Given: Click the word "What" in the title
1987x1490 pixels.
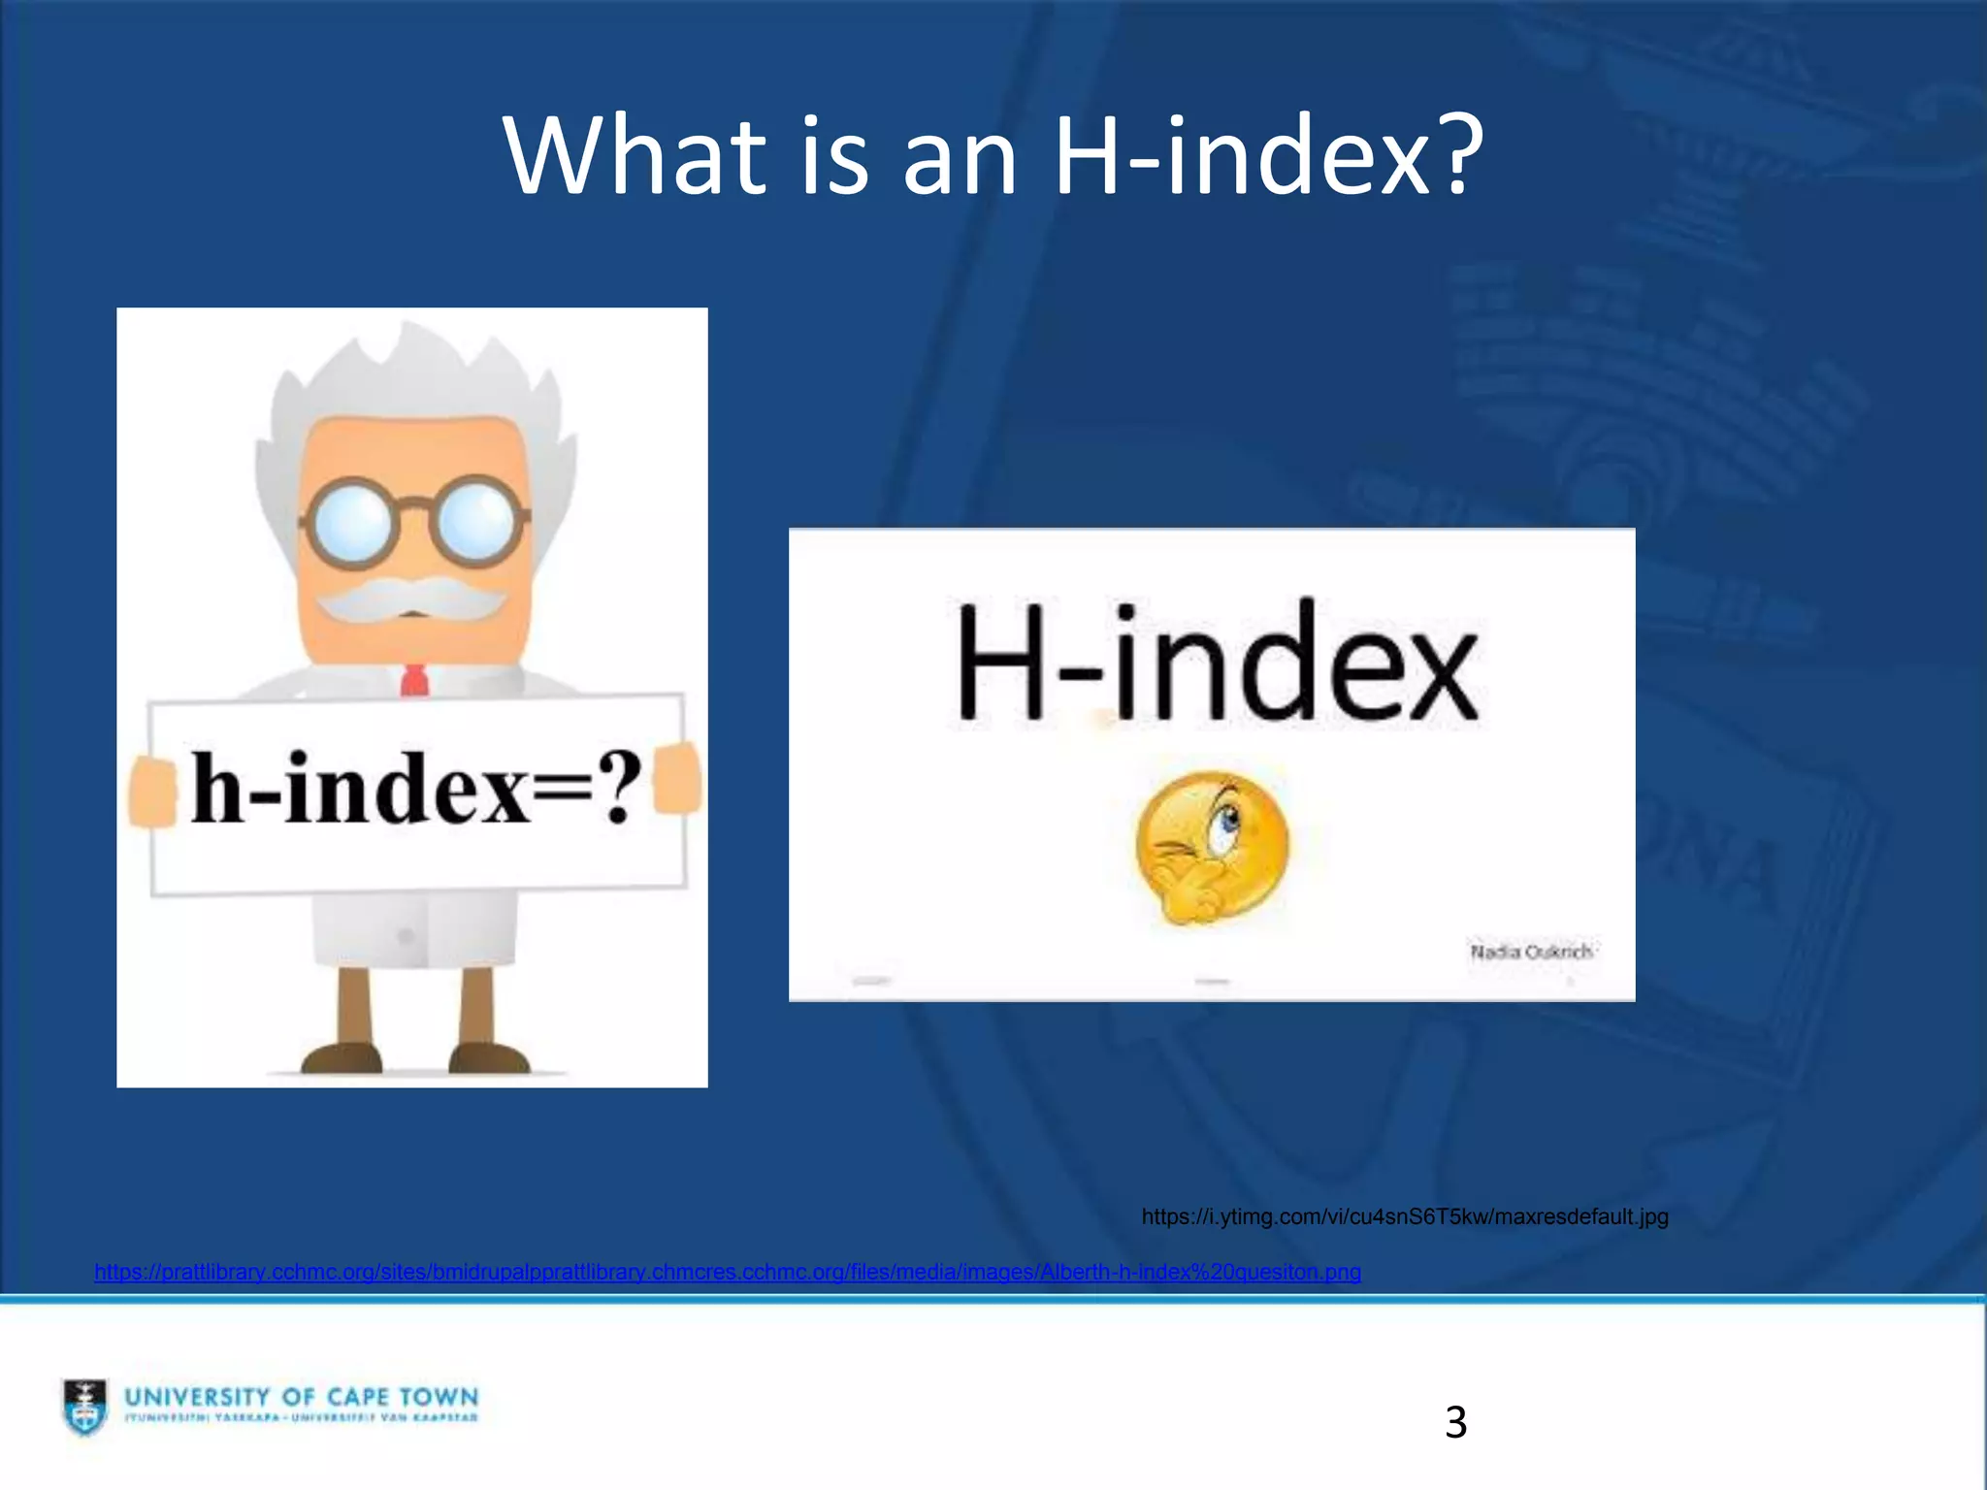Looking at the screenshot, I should [635, 155].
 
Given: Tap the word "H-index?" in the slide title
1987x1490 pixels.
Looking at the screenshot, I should [1268, 155].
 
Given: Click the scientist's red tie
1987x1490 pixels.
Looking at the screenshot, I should [414, 680].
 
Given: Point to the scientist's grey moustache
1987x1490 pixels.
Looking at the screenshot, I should [412, 599].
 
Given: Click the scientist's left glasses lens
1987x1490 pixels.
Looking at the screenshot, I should [350, 525].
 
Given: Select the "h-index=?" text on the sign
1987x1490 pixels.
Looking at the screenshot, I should [415, 789].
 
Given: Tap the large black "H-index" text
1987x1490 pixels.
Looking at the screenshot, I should [1217, 664].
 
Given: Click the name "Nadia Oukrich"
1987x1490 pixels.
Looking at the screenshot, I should [1530, 952].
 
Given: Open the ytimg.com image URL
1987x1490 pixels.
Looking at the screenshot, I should [1404, 1216].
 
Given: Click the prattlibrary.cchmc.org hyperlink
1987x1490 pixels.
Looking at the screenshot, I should [727, 1272].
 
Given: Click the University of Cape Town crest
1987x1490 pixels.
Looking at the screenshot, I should [85, 1406].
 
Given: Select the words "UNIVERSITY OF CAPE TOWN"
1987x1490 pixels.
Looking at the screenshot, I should [302, 1396].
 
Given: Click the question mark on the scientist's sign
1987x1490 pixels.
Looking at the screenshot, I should [617, 788].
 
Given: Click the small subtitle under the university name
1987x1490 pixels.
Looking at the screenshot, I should [302, 1418].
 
